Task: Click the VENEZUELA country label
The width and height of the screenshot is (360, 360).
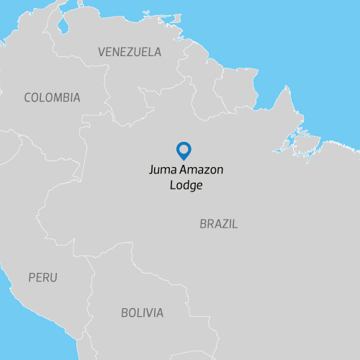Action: point(130,53)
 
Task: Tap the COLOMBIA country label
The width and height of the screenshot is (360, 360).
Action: point(52,98)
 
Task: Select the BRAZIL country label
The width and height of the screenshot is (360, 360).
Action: point(218,224)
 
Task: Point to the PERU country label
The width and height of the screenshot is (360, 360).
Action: point(42,277)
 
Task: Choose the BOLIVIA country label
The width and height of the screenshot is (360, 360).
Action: point(142,313)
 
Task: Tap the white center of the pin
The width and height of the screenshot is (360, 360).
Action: point(184,149)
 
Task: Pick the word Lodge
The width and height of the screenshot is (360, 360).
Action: point(186,185)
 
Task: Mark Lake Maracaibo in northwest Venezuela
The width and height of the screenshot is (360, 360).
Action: point(63,24)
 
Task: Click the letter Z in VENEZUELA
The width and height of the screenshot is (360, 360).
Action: point(130,53)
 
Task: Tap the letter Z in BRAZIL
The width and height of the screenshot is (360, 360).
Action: point(223,224)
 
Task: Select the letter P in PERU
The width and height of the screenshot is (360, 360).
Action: point(32,277)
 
